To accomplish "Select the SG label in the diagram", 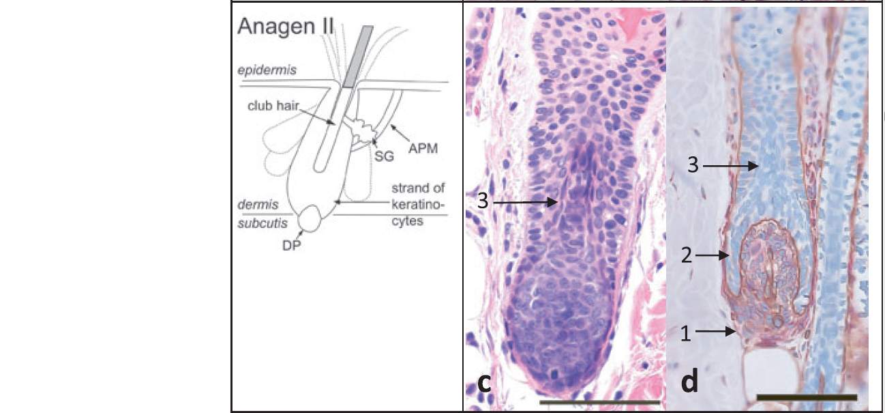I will click(385, 156).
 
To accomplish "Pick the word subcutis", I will click(260, 223).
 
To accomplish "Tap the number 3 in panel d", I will click(691, 165).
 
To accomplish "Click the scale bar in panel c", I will click(600, 403).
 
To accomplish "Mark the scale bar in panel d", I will click(806, 397).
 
